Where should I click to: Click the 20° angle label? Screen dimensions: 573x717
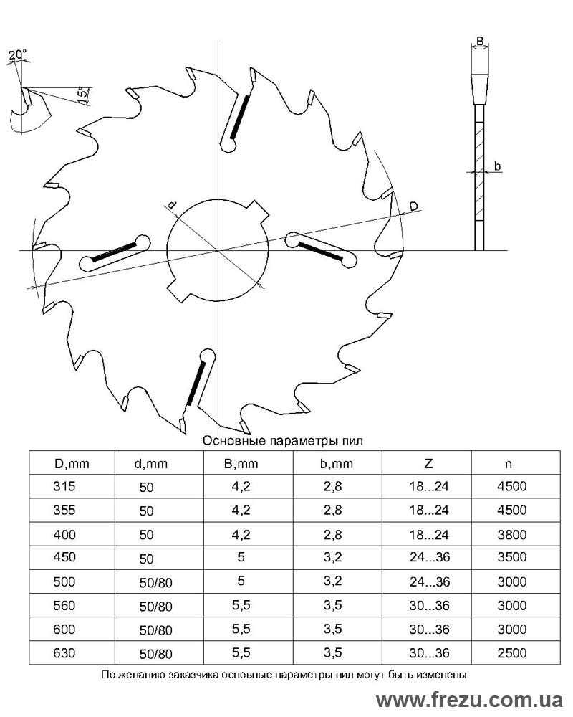tap(18, 55)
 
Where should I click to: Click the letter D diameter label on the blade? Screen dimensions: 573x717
tap(413, 206)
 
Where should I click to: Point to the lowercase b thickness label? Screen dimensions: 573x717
tap(498, 166)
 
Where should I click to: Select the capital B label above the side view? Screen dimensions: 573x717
tap(480, 41)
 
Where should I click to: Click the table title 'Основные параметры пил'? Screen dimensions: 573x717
tap(282, 441)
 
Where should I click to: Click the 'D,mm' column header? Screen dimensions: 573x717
tap(72, 464)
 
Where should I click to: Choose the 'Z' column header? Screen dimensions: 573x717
tap(428, 464)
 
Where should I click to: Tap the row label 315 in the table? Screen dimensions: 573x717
tap(64, 486)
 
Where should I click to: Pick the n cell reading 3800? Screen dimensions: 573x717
tap(512, 535)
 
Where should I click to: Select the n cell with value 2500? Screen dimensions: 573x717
tap(512, 652)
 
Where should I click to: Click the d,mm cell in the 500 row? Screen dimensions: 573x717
tap(156, 582)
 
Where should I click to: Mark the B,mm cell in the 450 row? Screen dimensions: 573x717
tap(241, 557)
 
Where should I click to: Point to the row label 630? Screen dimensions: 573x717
tap(64, 652)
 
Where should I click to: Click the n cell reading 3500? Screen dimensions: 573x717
tap(512, 557)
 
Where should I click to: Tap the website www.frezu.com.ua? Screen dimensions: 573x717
tap(469, 700)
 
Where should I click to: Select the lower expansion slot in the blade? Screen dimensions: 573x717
tap(200, 378)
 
